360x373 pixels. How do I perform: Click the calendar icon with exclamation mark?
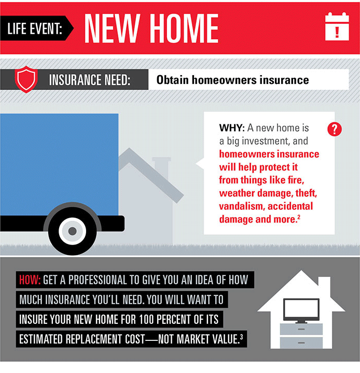[x=337, y=26]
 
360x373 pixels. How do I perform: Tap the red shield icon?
[x=26, y=79]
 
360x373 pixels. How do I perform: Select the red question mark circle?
[x=335, y=129]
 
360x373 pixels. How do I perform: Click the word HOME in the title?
[x=184, y=28]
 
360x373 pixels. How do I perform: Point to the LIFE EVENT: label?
[x=35, y=28]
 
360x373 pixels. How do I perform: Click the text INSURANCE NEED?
[x=90, y=80]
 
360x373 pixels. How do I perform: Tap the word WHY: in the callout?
[x=232, y=128]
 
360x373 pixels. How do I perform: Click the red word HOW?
[x=30, y=280]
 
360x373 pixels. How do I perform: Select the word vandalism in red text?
[x=240, y=206]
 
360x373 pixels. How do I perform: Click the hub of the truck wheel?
[x=72, y=231]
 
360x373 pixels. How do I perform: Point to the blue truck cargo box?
[x=59, y=165]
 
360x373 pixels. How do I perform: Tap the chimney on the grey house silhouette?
[x=161, y=166]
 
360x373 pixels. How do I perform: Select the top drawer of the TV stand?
[x=301, y=329]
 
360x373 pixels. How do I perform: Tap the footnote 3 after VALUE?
[x=242, y=337]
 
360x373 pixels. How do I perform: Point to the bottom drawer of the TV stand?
[x=301, y=343]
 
